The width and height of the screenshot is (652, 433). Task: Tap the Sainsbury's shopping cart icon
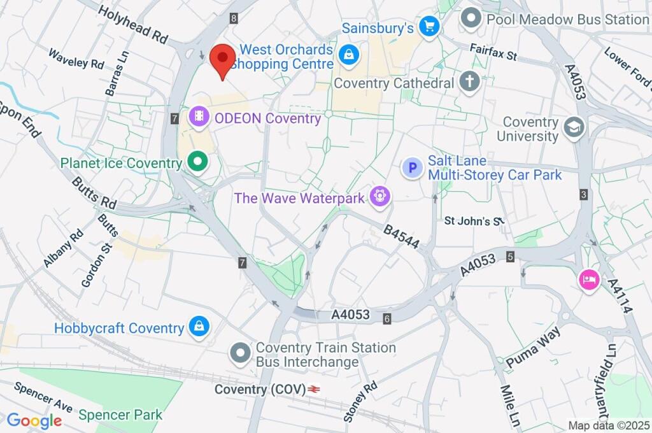[x=429, y=27]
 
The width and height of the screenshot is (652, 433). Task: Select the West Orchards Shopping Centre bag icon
[x=349, y=55]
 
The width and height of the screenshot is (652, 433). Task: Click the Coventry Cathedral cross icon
[x=470, y=82]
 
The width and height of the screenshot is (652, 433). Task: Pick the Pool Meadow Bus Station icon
[x=471, y=18]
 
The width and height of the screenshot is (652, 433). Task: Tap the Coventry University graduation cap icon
[x=575, y=127]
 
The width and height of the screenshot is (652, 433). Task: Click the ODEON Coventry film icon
[x=200, y=117]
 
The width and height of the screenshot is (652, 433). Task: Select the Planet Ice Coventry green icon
[x=198, y=162]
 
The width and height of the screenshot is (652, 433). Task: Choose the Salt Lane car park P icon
[x=413, y=167]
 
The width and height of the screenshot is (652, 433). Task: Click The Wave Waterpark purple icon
[x=381, y=197]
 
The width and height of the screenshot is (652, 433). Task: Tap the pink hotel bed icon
[x=589, y=280]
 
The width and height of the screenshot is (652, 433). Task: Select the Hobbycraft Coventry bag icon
[x=199, y=327]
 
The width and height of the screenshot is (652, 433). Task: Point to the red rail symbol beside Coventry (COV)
[x=313, y=388]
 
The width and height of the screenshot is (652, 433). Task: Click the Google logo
[x=34, y=420]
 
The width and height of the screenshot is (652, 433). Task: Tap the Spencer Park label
[x=120, y=415]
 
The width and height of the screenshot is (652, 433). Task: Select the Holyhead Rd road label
[x=132, y=26]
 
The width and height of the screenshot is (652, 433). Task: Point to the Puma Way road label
[x=533, y=347]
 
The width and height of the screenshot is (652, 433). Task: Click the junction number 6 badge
[x=386, y=318]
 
